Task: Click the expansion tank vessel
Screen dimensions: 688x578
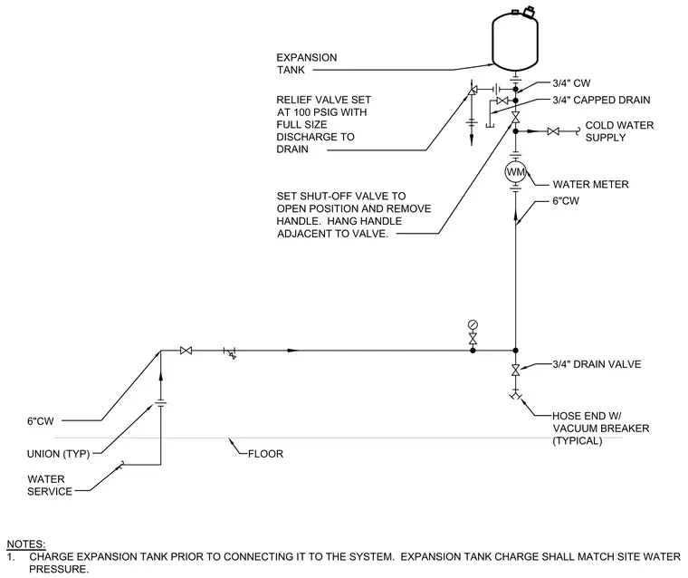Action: click(x=515, y=41)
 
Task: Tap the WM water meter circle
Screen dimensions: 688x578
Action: click(x=516, y=172)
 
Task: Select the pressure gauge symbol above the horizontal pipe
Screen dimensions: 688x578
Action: click(x=473, y=325)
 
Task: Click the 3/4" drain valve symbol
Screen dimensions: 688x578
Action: click(x=516, y=370)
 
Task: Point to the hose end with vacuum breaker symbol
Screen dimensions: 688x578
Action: click(x=516, y=395)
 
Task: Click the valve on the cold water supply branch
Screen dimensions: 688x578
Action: click(x=553, y=131)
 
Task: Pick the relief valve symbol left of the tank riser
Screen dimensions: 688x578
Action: click(x=473, y=91)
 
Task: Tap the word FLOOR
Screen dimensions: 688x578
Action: click(x=265, y=454)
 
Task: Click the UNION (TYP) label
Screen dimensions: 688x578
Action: click(x=58, y=454)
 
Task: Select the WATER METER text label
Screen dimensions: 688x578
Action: click(x=590, y=184)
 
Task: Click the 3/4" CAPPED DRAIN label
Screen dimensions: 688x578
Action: click(x=601, y=101)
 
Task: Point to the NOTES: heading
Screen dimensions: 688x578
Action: click(x=26, y=544)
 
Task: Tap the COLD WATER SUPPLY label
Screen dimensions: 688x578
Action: click(x=619, y=131)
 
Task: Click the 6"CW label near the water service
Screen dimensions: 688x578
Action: click(x=41, y=420)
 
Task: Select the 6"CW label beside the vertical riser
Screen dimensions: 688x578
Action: click(x=566, y=201)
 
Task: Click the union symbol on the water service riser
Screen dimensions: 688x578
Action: click(x=160, y=404)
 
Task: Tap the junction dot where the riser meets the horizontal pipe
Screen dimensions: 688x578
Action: click(x=516, y=351)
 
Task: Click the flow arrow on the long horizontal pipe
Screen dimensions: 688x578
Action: click(x=293, y=351)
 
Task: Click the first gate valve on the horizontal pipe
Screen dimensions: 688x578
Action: click(x=186, y=351)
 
